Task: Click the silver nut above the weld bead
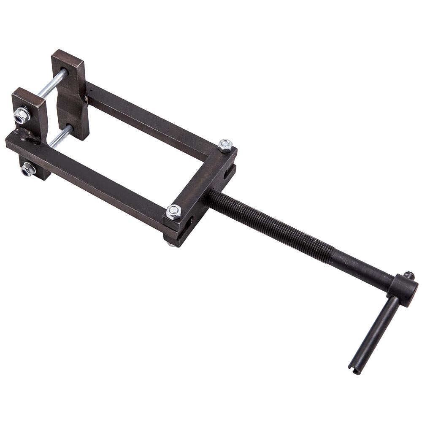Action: click(21, 115)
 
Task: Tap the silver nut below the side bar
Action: click(28, 169)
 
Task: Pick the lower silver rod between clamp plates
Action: click(60, 137)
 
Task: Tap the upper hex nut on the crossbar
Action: click(225, 146)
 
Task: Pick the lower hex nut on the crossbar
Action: click(173, 211)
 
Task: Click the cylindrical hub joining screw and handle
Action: click(403, 289)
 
